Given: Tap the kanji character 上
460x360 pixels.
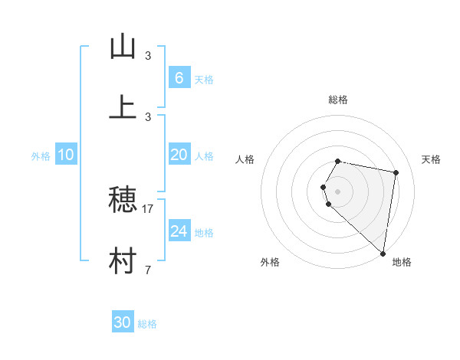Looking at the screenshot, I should (x=123, y=107).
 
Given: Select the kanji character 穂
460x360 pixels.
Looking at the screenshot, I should (x=123, y=200).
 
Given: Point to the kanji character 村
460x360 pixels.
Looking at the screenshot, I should (x=123, y=261).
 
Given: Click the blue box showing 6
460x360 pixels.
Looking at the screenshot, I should (x=179, y=78).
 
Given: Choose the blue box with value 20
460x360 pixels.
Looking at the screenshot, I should (x=179, y=155).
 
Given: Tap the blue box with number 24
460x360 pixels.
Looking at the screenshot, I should (x=179, y=231).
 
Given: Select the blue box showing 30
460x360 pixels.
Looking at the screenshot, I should (x=123, y=322).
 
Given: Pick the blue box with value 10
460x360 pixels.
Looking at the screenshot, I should (x=66, y=155).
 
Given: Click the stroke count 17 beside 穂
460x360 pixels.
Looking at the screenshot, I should (x=148, y=208).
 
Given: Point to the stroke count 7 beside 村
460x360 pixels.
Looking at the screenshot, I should (x=148, y=270).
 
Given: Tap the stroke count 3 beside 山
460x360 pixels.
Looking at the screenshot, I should (x=148, y=55).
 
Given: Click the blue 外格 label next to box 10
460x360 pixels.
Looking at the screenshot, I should (x=41, y=156).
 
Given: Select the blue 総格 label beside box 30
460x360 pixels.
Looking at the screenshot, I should (x=147, y=324).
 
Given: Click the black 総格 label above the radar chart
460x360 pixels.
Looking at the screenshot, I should (x=338, y=100).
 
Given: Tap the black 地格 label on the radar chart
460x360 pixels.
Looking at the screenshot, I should (x=402, y=262).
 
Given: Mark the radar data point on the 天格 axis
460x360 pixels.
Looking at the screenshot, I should (x=396, y=172).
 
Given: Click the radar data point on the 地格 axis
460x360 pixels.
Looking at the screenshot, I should (x=383, y=253).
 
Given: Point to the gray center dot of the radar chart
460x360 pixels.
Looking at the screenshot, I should (x=338, y=191).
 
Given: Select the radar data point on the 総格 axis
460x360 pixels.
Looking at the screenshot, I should (x=338, y=161).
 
